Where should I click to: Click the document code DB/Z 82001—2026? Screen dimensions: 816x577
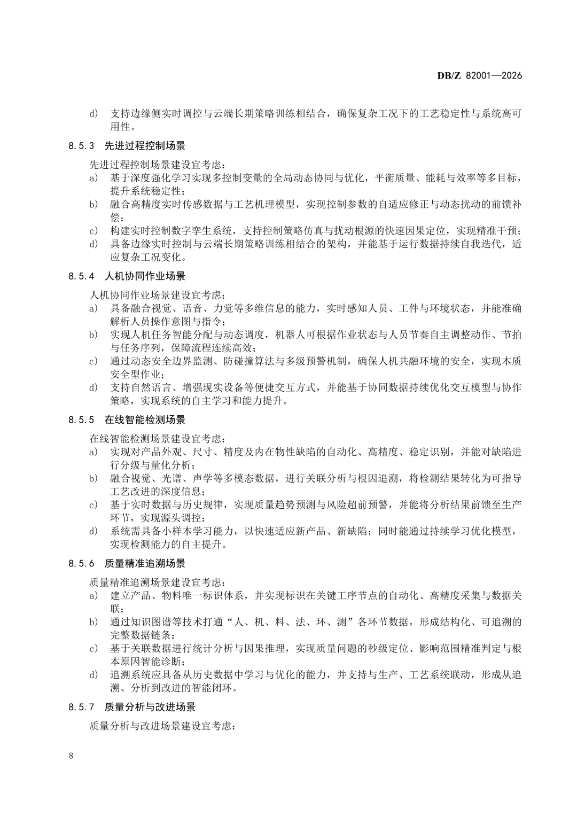click(479, 75)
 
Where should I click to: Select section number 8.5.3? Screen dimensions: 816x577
click(81, 146)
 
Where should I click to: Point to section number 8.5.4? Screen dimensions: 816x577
click(81, 276)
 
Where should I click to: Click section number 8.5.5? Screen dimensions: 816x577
click(81, 420)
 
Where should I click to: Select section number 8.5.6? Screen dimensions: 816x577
click(81, 564)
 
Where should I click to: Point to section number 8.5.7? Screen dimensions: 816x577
click(81, 708)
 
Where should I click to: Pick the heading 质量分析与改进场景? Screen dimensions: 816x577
click(150, 708)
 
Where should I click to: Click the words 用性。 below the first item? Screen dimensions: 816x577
click(122, 127)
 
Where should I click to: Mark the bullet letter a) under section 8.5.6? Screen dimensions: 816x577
click(93, 596)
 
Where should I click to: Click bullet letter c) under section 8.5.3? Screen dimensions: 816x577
click(93, 231)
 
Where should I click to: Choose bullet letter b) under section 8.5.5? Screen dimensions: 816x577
click(93, 478)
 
